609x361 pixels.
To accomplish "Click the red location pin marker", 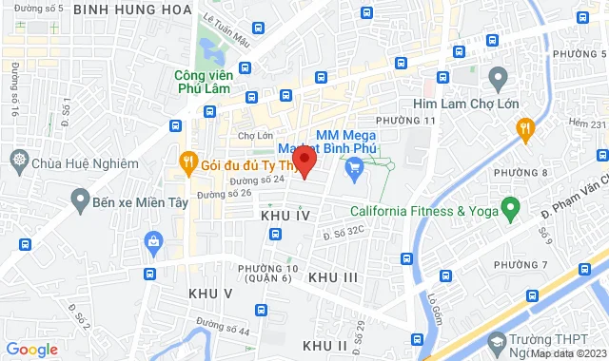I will click(304, 161).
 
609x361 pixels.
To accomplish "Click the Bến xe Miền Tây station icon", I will click(80, 201).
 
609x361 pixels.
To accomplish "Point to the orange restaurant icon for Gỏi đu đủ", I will click(187, 164).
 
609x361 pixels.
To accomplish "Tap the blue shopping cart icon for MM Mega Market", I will click(356, 172).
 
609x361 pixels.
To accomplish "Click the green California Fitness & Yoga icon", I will click(509, 206).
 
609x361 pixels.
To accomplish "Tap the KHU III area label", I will click(333, 276).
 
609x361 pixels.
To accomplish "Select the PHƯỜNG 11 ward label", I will click(405, 121).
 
